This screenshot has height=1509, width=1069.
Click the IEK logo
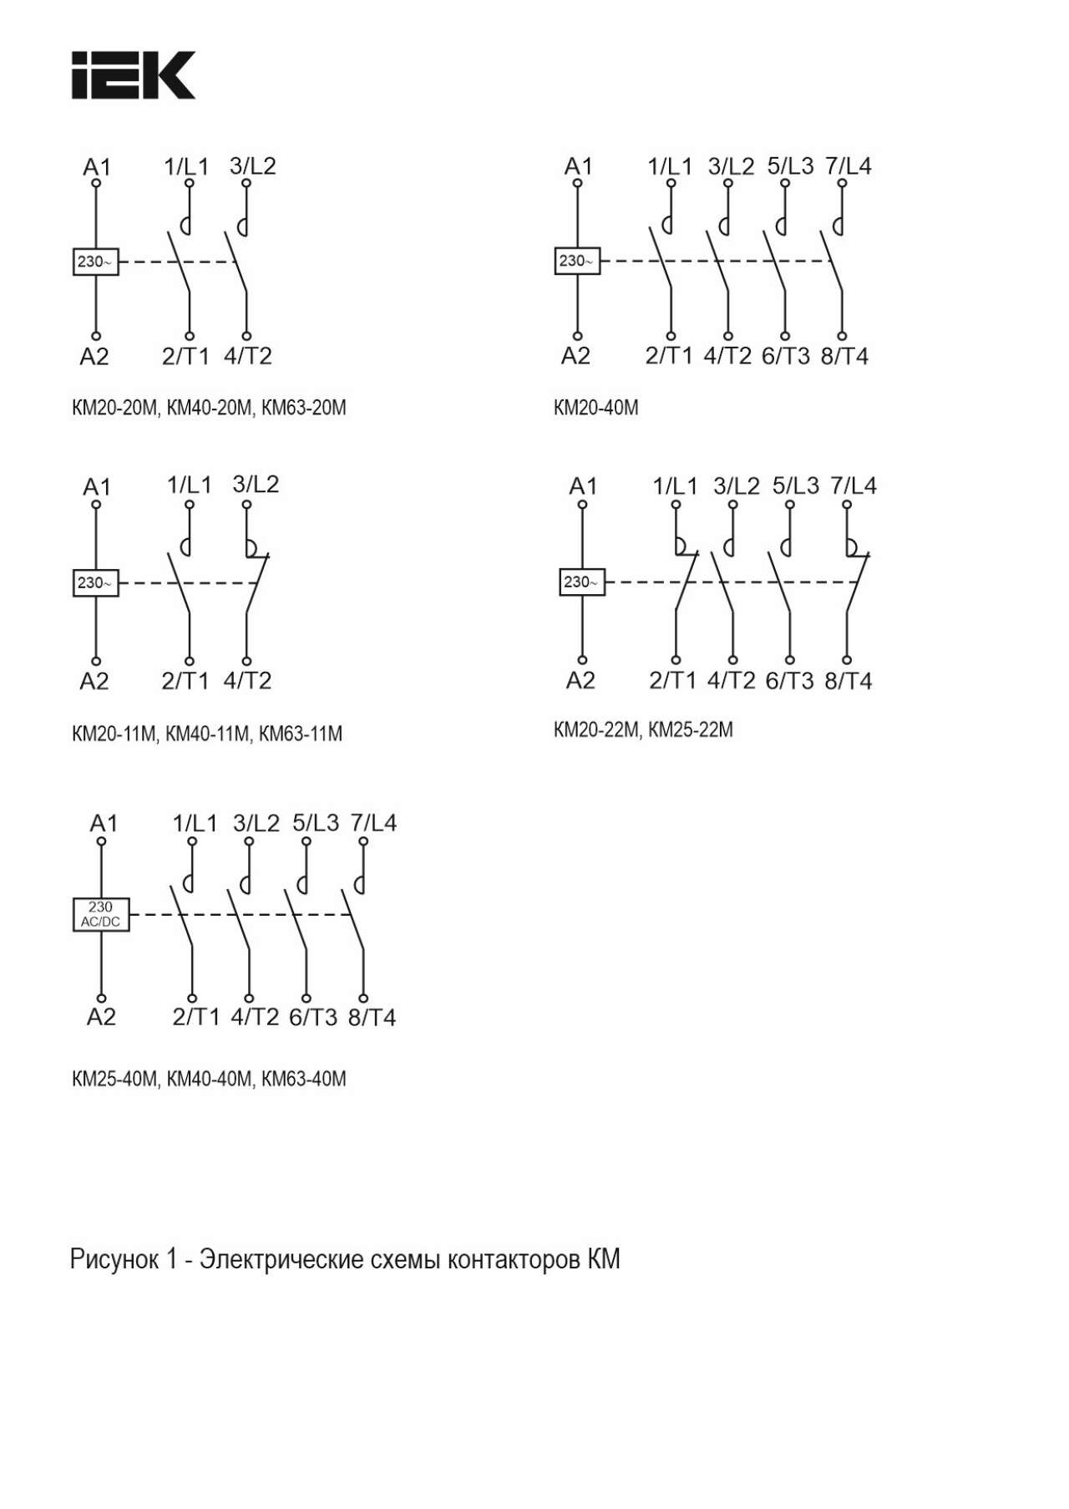(x=134, y=75)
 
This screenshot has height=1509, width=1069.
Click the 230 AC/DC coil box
(x=100, y=914)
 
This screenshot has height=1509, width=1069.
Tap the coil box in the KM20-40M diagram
(x=577, y=261)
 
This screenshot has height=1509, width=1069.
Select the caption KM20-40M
(x=595, y=408)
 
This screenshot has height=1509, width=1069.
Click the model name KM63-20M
(x=304, y=408)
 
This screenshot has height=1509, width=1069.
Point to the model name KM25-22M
(x=691, y=729)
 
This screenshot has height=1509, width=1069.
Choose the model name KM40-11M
(x=208, y=734)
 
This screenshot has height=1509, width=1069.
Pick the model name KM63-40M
(x=304, y=1079)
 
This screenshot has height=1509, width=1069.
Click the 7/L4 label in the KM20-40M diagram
(x=848, y=165)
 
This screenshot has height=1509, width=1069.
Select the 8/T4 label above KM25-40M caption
(x=372, y=1017)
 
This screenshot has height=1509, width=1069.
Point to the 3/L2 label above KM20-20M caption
(x=252, y=165)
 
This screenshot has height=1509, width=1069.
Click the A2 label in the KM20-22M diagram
(x=580, y=680)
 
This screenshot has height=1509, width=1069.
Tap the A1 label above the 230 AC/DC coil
(x=104, y=823)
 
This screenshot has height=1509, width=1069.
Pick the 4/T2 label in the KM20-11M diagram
(x=247, y=680)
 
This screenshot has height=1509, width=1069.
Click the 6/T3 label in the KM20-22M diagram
(x=789, y=680)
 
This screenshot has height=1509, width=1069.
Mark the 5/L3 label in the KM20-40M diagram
(x=790, y=165)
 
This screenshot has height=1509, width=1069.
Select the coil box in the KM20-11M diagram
(x=96, y=582)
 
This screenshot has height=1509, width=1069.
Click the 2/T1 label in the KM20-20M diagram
(x=185, y=356)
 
